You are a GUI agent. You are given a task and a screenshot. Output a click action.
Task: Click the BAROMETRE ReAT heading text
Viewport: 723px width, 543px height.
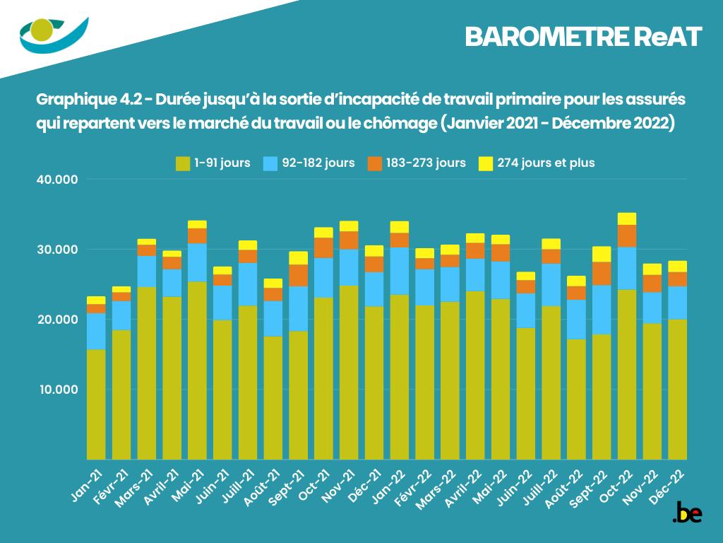[x=583, y=37]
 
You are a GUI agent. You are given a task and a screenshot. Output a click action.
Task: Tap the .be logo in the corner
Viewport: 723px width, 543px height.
[x=687, y=513]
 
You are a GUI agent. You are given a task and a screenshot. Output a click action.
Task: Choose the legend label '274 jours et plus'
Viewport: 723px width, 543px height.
[x=546, y=163]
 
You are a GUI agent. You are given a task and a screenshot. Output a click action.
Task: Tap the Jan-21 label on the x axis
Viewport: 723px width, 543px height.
[x=88, y=485]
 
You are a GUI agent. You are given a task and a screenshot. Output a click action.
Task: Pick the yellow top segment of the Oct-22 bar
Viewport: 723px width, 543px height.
[x=627, y=218]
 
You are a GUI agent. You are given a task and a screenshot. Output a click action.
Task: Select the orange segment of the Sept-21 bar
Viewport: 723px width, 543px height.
[x=299, y=275]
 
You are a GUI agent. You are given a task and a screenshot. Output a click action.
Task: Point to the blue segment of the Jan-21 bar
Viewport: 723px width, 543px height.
[x=96, y=331]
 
